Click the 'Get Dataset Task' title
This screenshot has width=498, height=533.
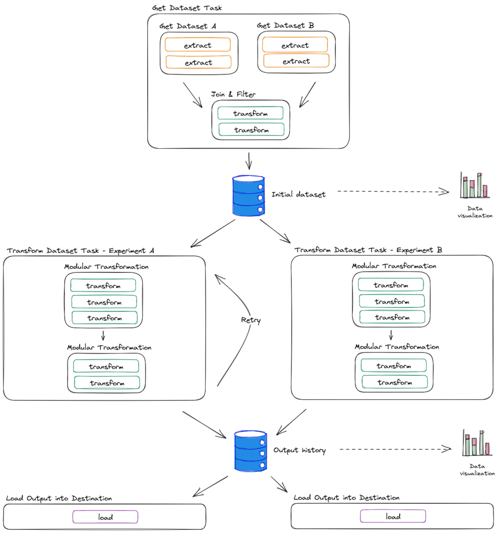187,8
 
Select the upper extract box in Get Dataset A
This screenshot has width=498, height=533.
197,45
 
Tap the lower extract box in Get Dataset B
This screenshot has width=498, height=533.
296,61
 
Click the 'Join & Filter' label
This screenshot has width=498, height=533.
233,94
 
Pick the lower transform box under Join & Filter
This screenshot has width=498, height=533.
251,130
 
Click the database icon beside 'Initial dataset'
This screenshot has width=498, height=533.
248,196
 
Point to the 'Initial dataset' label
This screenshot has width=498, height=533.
298,195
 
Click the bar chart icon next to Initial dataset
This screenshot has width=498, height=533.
475,185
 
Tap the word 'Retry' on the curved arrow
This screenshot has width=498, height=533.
251,320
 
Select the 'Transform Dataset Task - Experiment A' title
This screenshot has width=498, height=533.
80,251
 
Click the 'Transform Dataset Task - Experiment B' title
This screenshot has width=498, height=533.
368,250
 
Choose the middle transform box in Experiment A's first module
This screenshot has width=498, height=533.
104,302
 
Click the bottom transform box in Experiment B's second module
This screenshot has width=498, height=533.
395,382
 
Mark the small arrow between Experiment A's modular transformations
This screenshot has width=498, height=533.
103,335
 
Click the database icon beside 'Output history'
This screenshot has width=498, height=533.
251,451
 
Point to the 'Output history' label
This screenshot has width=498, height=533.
300,450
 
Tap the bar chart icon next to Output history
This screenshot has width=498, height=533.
477,443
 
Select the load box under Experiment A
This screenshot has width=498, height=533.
106,517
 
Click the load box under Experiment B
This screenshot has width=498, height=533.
393,516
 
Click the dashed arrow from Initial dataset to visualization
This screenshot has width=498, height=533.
393,192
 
